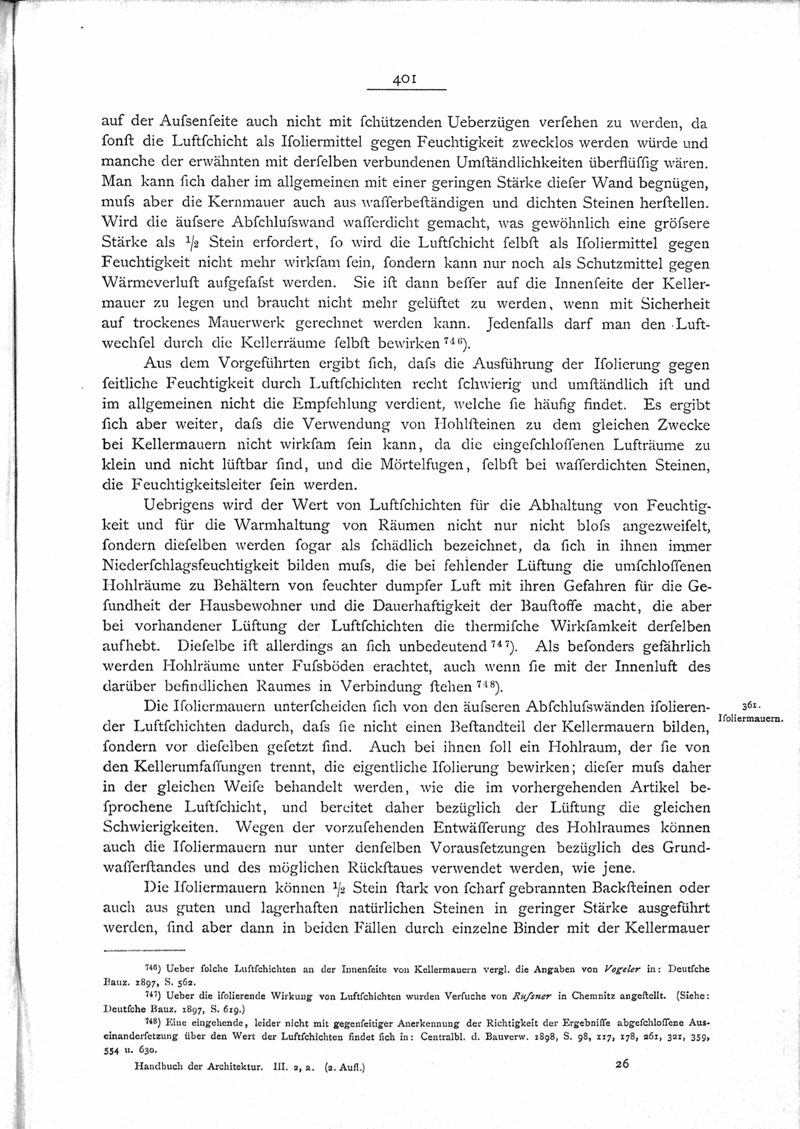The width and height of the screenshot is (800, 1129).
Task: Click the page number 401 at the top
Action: pos(405,78)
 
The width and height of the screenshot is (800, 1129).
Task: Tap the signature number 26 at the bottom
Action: pos(622,1064)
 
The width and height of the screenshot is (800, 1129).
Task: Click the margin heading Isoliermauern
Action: pos(751,719)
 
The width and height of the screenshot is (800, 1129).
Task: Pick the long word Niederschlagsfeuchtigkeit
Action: pos(197,566)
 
